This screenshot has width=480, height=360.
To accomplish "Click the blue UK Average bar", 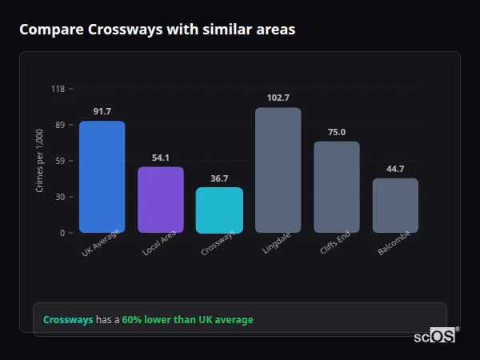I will pos(102,177).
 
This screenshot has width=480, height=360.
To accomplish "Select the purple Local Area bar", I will pos(160,200).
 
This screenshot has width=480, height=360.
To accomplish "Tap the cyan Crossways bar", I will pos(219,210).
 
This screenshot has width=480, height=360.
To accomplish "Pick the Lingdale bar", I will pos(278,170).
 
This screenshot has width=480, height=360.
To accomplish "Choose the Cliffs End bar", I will pos(336,187).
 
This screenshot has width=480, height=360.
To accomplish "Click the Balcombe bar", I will pos(395,206).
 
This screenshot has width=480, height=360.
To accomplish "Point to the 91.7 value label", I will pos(102,111).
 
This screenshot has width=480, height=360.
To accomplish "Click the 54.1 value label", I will pos(160,158).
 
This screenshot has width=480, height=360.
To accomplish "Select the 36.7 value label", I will pos(219,178).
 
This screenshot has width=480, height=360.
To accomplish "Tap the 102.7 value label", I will pos(278,98).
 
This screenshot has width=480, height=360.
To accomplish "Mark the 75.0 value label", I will pos(336,132).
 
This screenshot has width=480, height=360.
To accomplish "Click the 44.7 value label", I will pos(395,169).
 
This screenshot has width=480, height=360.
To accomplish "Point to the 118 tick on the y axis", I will pos(58,89).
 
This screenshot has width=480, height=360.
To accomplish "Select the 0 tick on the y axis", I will pos(62,233).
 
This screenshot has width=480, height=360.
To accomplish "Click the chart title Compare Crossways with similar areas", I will pos(157,30).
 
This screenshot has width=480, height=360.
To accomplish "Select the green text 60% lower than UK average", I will pos(187,320).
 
